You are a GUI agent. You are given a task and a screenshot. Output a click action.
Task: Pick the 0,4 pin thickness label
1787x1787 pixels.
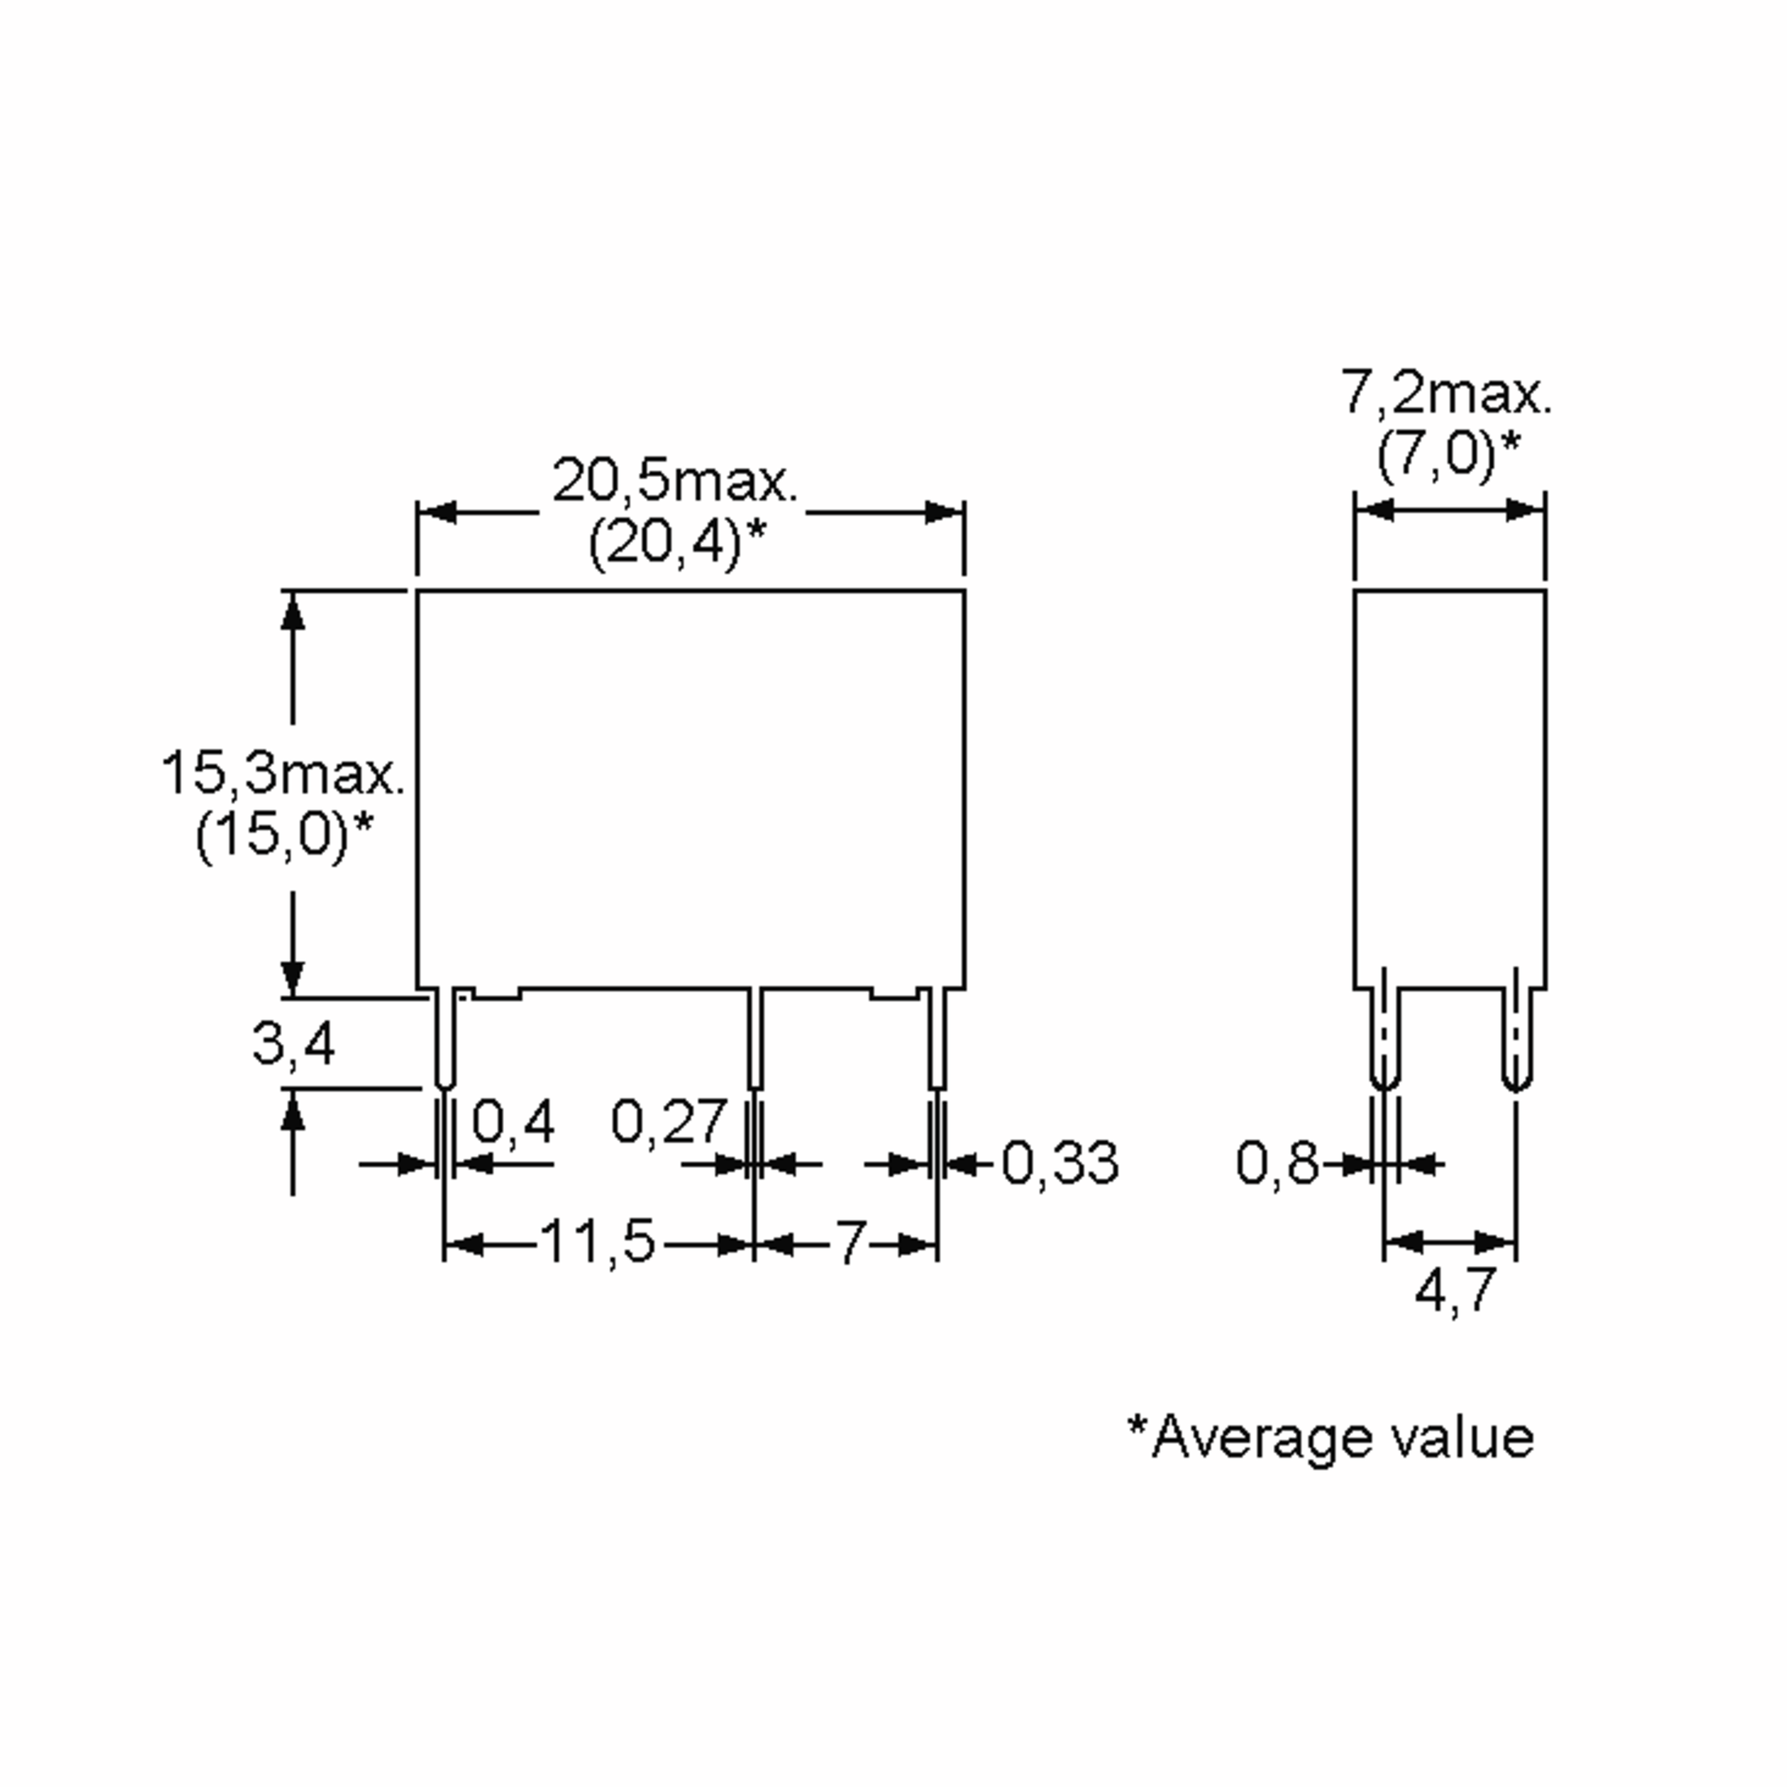(513, 1122)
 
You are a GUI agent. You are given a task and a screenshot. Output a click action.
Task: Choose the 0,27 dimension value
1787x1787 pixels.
(668, 1122)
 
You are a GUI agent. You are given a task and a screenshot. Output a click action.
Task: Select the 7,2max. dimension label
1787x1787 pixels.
(1447, 394)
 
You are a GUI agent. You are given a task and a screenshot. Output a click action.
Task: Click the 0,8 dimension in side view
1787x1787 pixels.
(1278, 1162)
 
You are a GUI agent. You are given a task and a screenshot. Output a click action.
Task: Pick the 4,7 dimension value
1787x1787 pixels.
(1455, 1290)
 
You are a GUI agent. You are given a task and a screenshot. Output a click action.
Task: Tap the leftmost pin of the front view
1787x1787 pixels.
(445, 1039)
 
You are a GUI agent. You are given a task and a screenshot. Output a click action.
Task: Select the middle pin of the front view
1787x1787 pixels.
(755, 1039)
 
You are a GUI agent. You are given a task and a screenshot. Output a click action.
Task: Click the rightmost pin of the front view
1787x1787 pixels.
(938, 1039)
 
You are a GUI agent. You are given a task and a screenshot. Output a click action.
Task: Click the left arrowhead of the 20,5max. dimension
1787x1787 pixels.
(436, 512)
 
